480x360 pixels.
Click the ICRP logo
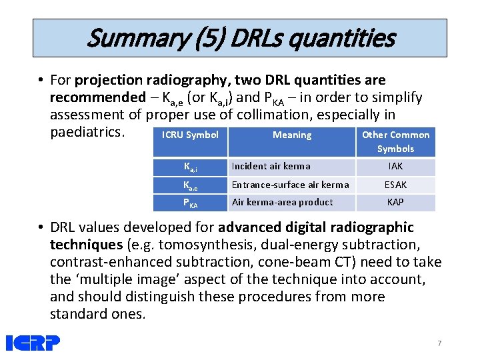click(x=33, y=343)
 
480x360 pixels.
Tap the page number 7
click(x=439, y=343)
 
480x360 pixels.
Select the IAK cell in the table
click(x=395, y=167)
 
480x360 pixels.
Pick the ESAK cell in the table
click(x=395, y=185)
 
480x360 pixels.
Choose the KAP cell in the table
click(x=395, y=202)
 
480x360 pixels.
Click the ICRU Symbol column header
click(x=190, y=135)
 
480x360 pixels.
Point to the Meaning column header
click(x=291, y=135)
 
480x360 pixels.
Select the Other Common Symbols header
click(x=395, y=141)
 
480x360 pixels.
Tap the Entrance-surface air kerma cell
click(x=290, y=185)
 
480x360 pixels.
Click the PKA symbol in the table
click(x=190, y=203)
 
